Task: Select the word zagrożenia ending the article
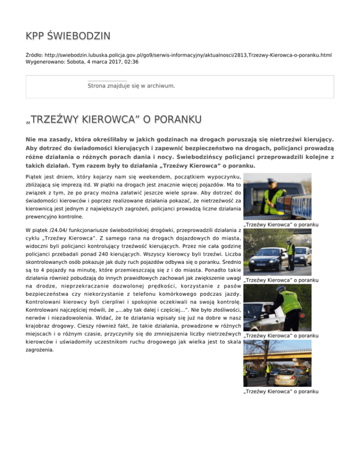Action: [x=41, y=349]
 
